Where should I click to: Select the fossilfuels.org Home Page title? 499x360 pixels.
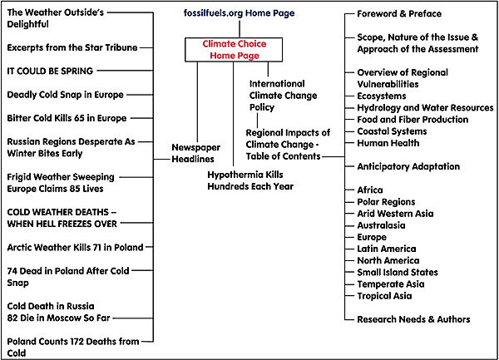[x=239, y=14]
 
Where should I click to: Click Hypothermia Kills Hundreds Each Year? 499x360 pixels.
[x=250, y=180]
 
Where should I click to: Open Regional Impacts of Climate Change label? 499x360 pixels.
[x=288, y=145]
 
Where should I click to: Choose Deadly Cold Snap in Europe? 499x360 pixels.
[x=67, y=95]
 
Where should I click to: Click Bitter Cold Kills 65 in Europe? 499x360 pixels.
[x=67, y=118]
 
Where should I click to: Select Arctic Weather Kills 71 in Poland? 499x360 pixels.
[x=75, y=247]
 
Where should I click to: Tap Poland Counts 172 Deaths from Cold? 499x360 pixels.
[x=73, y=347]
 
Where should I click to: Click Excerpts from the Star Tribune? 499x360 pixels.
[x=72, y=48]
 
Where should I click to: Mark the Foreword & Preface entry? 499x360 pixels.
[x=399, y=14]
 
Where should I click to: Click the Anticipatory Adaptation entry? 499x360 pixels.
[x=408, y=166]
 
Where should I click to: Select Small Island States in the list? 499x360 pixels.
[x=398, y=272]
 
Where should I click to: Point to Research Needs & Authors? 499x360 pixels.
[x=413, y=319]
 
